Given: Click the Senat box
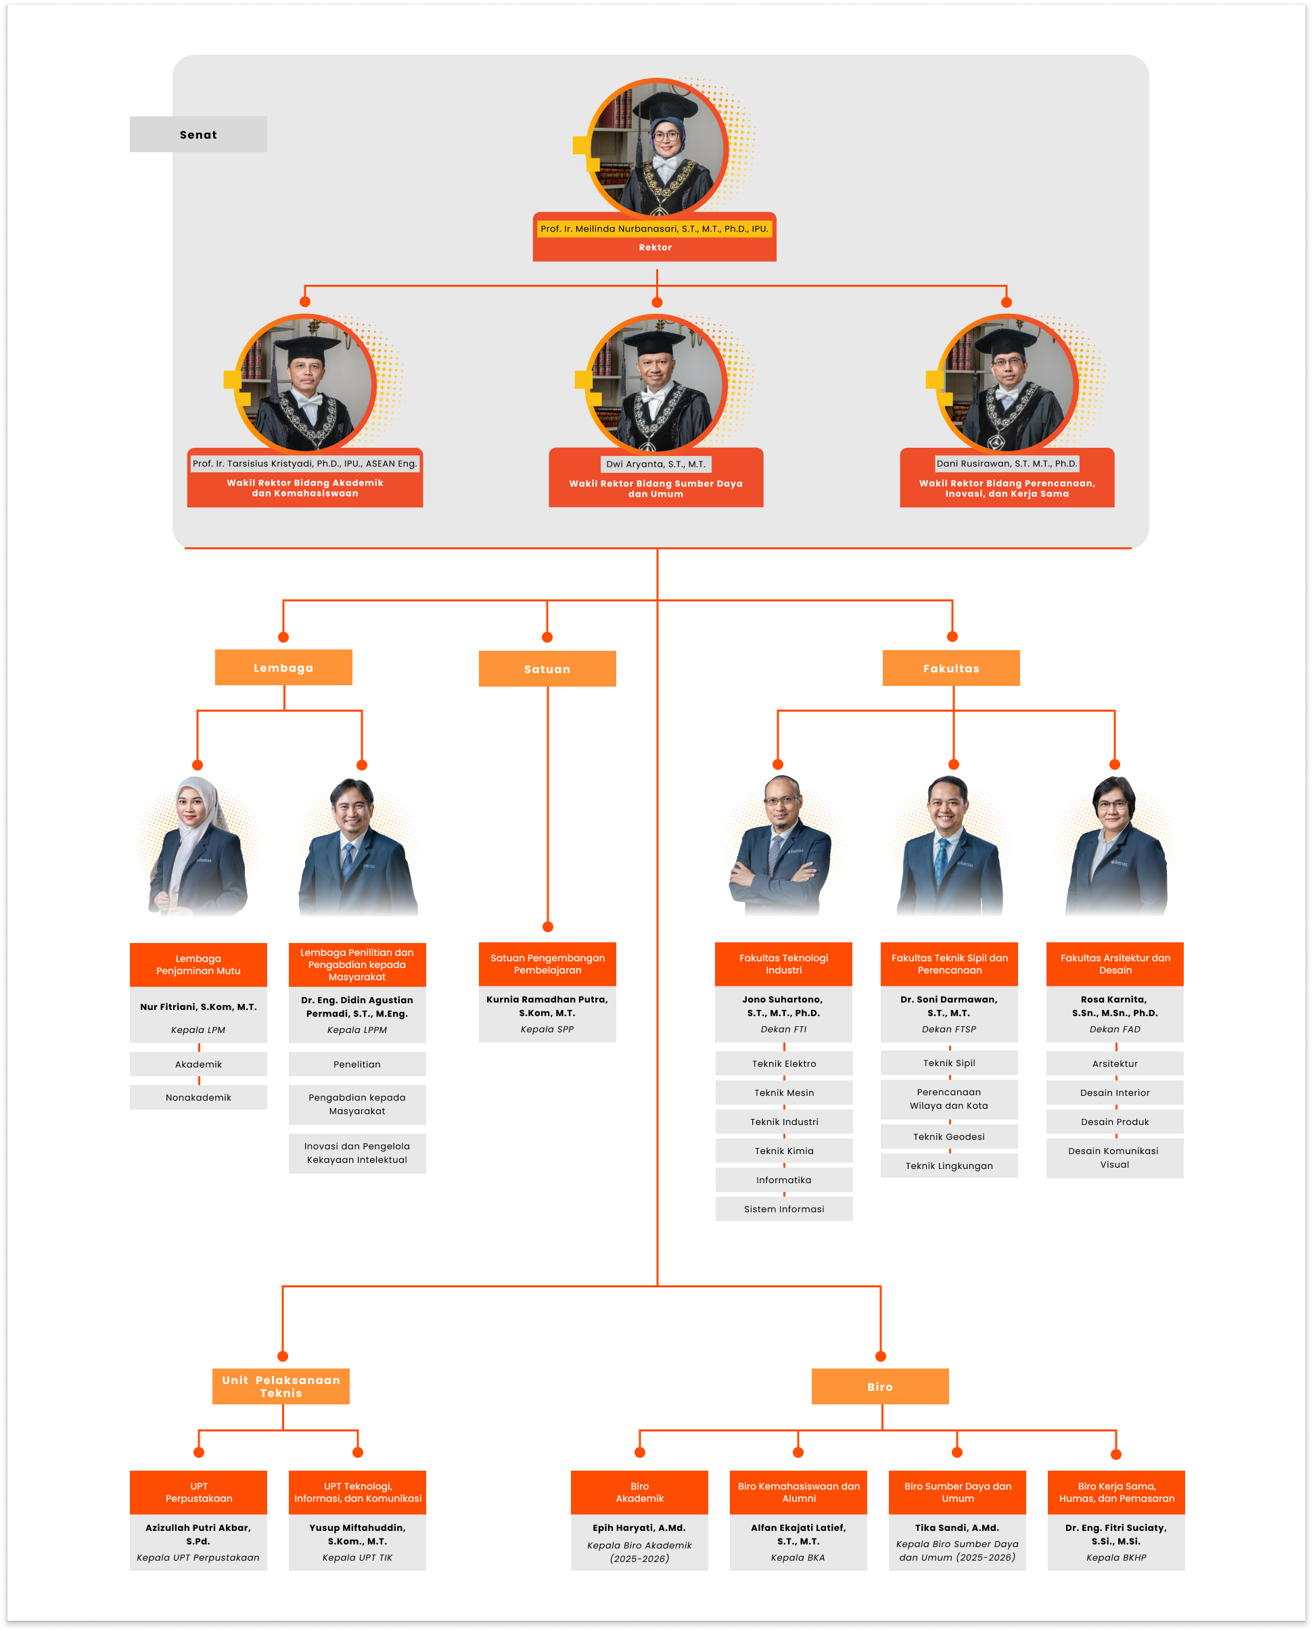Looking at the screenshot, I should (198, 135).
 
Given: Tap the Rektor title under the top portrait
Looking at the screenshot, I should (655, 248).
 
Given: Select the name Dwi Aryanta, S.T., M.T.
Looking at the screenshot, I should (655, 464).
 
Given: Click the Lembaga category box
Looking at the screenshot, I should (283, 667).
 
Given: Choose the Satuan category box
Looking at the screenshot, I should (547, 669).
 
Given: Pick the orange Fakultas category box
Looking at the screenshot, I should (950, 668).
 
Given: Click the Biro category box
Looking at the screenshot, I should (879, 1386).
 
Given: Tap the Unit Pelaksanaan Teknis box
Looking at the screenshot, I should (281, 1386).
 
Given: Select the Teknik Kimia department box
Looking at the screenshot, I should (783, 1151).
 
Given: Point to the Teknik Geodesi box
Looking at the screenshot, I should (948, 1136).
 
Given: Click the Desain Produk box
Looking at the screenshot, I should (1114, 1122).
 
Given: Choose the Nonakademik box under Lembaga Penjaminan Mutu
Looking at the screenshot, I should (198, 1097).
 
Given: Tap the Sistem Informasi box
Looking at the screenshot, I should (783, 1209).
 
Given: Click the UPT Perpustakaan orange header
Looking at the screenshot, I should (198, 1492).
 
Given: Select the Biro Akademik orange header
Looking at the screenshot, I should (639, 1492).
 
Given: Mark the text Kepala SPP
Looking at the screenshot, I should (547, 1029).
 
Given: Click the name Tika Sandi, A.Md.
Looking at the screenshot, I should (957, 1527).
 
